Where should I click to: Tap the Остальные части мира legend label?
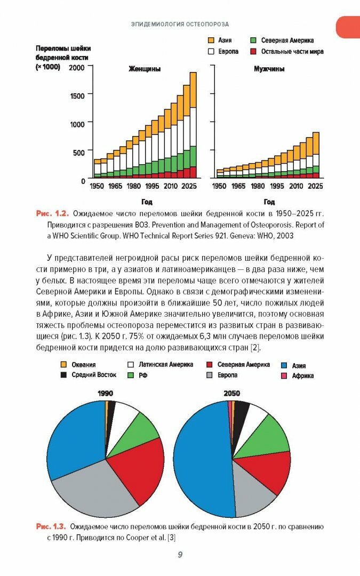tap(292, 52)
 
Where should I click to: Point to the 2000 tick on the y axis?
tap(76, 67)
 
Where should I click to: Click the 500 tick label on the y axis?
tap(78, 152)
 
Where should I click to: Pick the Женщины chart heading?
tap(144, 69)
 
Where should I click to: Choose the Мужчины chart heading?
tap(268, 69)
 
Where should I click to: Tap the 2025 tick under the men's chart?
tap(315, 186)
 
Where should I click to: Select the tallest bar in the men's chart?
tap(316, 155)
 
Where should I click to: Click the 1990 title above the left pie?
tap(105, 394)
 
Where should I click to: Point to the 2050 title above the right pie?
tap(231, 394)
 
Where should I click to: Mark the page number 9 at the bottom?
tap(180, 555)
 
